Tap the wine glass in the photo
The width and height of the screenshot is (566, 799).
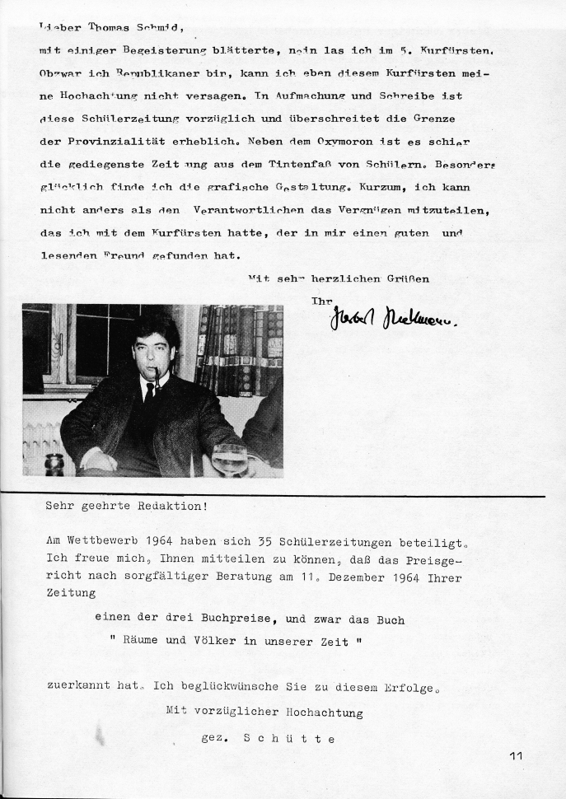tap(229, 458)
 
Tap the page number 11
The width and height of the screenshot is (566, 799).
tap(517, 755)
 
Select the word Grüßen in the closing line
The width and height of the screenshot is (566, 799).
tap(408, 278)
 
